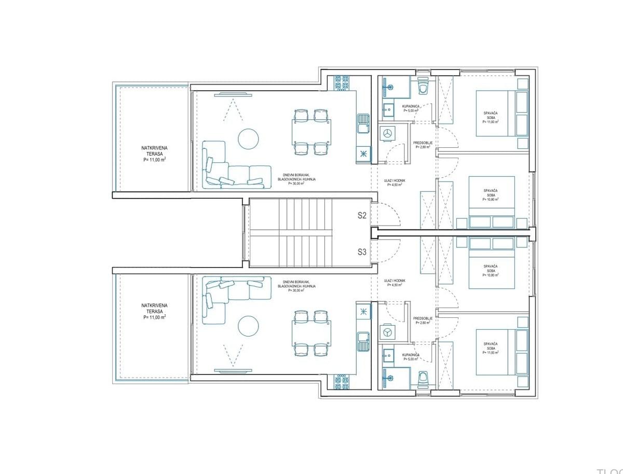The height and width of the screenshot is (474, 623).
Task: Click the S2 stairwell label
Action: pyautogui.click(x=362, y=215)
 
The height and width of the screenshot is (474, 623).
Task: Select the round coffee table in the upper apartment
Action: pyautogui.click(x=248, y=138)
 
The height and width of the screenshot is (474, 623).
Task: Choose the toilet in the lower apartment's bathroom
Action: pyautogui.click(x=423, y=379)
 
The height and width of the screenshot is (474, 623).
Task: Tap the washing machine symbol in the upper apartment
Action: pyautogui.click(x=387, y=133)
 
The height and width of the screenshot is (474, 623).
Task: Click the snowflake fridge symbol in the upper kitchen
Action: pyautogui.click(x=362, y=154)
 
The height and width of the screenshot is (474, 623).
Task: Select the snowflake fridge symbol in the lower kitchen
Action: pyautogui.click(x=362, y=311)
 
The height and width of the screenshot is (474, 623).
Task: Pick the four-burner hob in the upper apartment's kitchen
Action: pyautogui.click(x=341, y=82)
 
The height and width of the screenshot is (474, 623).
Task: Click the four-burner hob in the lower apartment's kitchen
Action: pyautogui.click(x=341, y=383)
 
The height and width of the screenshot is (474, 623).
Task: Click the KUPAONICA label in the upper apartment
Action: pyautogui.click(x=411, y=108)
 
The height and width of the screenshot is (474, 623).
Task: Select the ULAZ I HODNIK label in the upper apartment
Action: pyautogui.click(x=395, y=180)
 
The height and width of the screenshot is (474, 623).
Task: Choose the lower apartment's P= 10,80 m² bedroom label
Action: pyautogui.click(x=491, y=271)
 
